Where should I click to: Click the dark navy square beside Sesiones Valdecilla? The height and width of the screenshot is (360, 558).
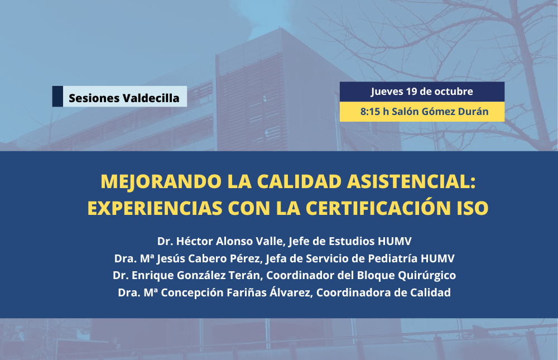57,96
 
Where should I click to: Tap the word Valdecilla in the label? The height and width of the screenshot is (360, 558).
151,98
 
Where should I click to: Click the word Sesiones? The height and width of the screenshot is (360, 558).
94,98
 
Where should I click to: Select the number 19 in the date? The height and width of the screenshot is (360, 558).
411,92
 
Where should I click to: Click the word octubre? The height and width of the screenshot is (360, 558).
454,92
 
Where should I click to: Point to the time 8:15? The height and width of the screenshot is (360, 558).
370,112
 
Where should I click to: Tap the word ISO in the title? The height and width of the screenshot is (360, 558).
473,208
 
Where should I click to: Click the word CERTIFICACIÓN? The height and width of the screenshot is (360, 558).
379,208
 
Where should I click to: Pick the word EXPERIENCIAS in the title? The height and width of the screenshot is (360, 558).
155,208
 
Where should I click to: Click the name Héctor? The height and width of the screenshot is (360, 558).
194,241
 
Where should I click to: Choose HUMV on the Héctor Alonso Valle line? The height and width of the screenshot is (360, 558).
395,241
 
